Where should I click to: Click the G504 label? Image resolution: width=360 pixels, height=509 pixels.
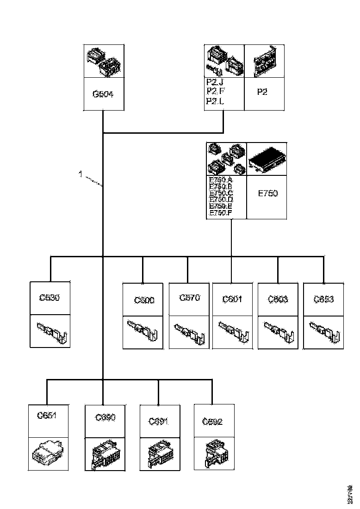click(x=103, y=94)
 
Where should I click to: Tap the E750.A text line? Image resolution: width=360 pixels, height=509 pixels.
click(x=220, y=180)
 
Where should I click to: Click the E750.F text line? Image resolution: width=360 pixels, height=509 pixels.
click(x=220, y=213)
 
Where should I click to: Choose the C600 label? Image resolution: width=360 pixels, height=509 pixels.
click(x=144, y=300)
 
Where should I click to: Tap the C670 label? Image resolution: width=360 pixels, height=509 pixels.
click(x=189, y=298)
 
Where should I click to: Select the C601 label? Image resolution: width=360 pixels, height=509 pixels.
click(x=232, y=299)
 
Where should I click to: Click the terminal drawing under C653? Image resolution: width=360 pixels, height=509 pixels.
click(x=323, y=332)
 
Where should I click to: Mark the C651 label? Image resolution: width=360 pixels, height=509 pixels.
click(x=47, y=415)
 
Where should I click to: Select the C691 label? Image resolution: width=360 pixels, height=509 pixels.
click(x=158, y=422)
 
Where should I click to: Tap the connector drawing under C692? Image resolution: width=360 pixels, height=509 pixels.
click(x=214, y=453)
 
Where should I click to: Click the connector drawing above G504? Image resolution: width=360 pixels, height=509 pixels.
click(x=104, y=62)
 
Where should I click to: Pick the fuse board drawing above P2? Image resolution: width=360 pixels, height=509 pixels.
click(x=264, y=61)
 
